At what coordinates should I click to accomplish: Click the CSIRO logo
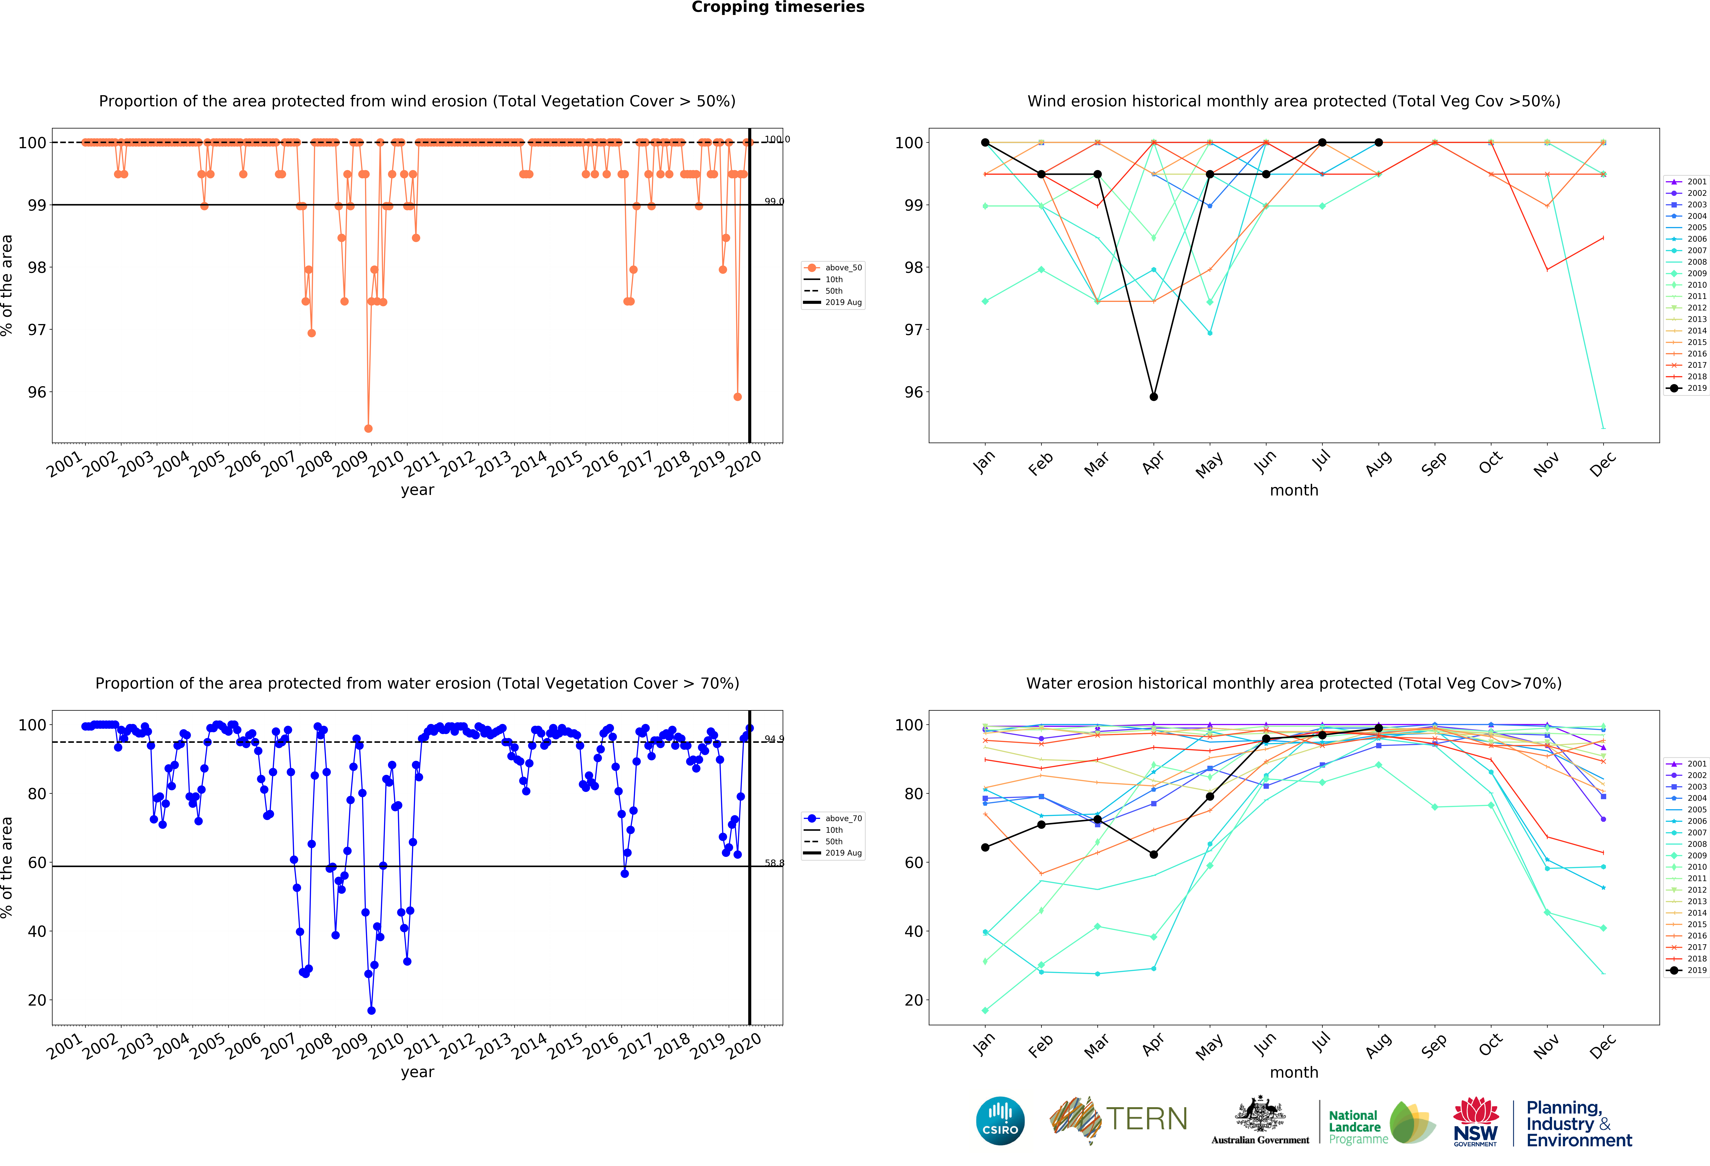1000,1121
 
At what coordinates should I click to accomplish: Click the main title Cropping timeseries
778,7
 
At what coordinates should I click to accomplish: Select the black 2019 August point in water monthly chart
1378,728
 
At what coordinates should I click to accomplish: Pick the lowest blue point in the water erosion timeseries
372,1011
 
